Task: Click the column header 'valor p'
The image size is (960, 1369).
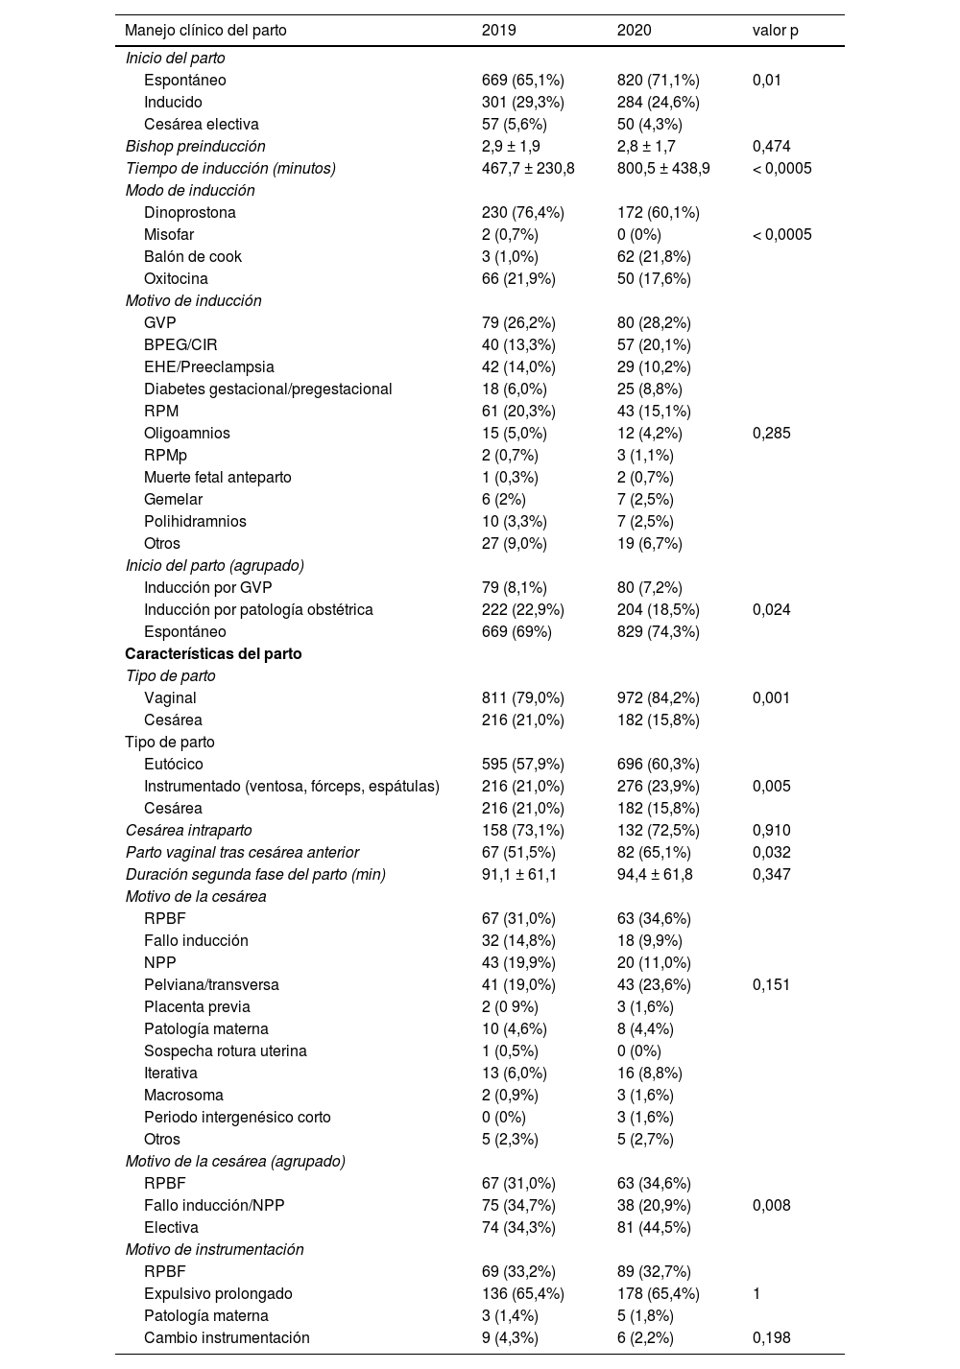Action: click(775, 30)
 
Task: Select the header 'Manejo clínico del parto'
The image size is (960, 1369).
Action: click(205, 30)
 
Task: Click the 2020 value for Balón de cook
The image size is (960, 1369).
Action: click(654, 256)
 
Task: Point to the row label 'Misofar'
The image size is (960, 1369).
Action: click(169, 234)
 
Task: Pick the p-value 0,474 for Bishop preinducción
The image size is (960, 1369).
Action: click(772, 146)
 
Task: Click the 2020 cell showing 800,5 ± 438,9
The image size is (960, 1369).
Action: click(663, 168)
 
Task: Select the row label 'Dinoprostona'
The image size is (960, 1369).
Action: click(190, 212)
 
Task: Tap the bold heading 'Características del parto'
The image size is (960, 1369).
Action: click(213, 653)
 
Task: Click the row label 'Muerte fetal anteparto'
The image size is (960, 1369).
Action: click(218, 477)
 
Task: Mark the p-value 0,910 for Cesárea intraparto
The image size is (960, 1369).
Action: click(772, 830)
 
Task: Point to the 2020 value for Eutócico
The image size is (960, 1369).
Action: click(658, 764)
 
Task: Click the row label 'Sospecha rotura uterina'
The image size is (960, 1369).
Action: click(226, 1050)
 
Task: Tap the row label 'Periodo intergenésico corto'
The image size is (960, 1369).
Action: click(237, 1117)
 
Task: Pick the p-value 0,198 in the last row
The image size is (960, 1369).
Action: click(772, 1337)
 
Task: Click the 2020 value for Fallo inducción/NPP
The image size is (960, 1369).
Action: click(654, 1205)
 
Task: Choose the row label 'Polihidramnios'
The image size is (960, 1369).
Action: click(195, 521)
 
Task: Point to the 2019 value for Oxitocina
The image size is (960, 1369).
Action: click(518, 278)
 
